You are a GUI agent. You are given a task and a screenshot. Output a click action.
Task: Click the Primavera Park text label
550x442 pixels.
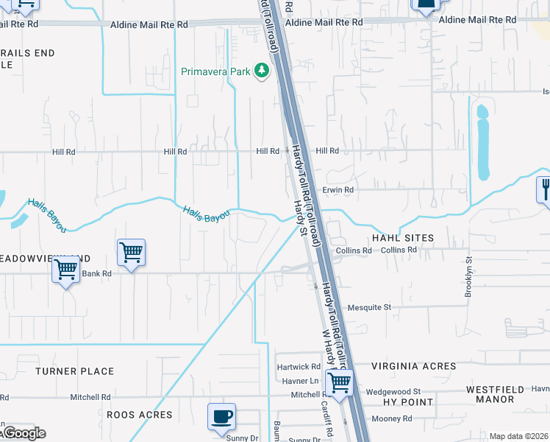point(216,72)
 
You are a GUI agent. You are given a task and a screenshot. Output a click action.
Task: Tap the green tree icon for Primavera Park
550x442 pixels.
point(261,71)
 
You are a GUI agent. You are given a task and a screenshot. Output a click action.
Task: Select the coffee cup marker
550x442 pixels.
point(221,417)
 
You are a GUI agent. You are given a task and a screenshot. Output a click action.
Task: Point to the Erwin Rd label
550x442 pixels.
point(338,189)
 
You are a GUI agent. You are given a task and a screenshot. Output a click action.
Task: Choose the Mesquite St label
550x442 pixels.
point(370,307)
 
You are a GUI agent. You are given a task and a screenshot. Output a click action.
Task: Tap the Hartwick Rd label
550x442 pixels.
point(299,366)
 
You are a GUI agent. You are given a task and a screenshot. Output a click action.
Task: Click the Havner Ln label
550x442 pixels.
point(300,381)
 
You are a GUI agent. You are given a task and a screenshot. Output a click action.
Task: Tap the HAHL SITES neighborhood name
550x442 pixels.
point(403,238)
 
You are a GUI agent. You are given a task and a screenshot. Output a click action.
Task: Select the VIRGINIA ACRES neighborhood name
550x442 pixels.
point(413,366)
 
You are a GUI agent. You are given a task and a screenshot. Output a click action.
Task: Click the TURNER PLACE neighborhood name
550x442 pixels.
point(74,371)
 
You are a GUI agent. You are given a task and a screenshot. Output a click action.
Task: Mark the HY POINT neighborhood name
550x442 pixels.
point(409,402)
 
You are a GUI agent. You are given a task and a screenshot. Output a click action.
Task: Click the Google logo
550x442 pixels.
point(24,433)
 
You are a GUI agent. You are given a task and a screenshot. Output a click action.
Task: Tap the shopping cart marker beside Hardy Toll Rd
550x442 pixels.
point(339,383)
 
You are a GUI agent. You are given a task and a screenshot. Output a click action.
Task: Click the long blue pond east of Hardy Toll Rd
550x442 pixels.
point(482,144)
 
